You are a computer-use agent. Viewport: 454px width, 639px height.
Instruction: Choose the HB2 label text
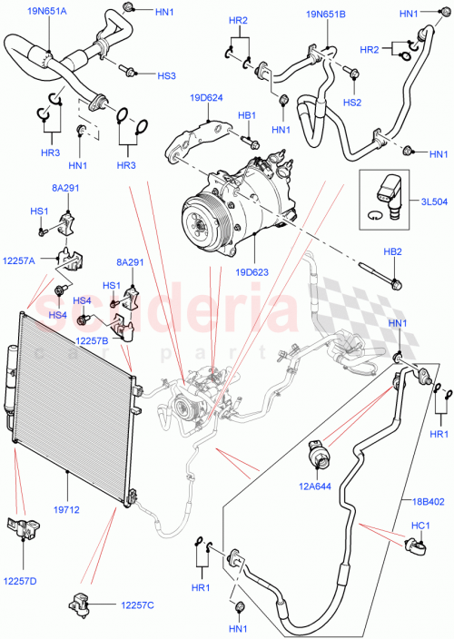[x=392, y=250]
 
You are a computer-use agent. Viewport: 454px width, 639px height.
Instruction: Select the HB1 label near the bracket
[x=246, y=115]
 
